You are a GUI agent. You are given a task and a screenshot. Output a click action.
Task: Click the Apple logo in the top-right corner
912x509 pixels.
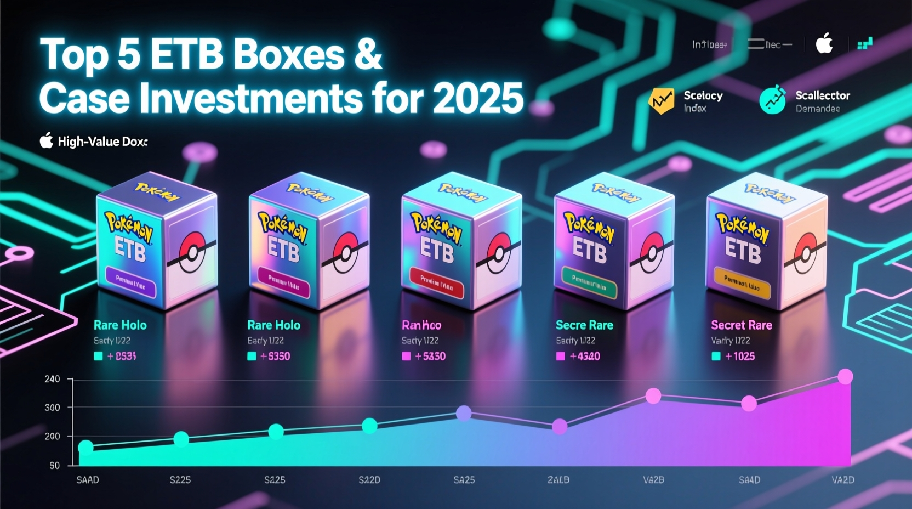pos(824,43)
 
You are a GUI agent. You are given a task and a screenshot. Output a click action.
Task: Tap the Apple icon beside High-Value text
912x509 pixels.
pos(47,141)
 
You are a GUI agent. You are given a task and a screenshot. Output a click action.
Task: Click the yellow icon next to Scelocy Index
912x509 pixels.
pos(662,101)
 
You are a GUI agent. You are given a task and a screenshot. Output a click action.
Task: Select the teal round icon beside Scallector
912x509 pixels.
pos(773,100)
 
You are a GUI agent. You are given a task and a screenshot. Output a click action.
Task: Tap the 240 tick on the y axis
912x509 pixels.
pos(52,379)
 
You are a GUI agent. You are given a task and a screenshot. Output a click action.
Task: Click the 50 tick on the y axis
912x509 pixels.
pos(55,466)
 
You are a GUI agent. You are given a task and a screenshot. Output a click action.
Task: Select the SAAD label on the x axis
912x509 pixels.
pos(88,480)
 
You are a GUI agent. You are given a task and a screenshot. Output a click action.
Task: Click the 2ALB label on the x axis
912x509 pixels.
pos(558,480)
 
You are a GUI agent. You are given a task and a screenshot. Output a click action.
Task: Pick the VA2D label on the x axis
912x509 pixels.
pos(842,480)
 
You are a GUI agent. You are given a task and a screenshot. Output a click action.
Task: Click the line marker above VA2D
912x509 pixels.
pos(846,377)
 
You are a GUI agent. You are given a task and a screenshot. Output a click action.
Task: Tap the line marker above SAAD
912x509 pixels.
pos(86,448)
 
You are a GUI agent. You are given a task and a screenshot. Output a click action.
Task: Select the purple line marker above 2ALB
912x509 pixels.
pos(560,426)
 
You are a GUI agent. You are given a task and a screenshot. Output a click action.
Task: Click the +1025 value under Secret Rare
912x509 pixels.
pos(740,357)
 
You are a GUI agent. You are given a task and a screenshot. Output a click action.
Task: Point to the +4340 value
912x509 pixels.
pos(585,357)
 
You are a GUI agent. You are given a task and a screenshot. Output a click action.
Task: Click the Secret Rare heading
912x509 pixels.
pos(741,325)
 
